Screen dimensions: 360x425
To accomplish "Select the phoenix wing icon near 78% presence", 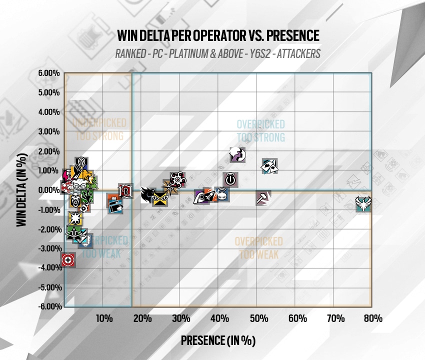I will click(x=363, y=204).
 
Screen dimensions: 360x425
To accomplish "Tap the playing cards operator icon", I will click(x=270, y=166).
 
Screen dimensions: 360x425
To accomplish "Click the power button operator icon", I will click(x=230, y=179).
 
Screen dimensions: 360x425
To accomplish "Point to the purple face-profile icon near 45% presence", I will click(x=237, y=155).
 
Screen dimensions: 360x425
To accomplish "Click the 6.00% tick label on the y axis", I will click(x=49, y=73).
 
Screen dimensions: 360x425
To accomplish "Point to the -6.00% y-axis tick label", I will click(x=48, y=306).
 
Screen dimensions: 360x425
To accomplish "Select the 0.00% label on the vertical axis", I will click(x=49, y=190).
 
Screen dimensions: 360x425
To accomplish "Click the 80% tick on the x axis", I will click(x=373, y=318).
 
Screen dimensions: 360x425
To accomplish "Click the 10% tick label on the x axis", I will click(x=103, y=318).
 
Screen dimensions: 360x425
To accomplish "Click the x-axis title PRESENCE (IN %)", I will click(x=218, y=340).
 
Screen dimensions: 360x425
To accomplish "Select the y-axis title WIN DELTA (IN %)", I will click(x=21, y=190).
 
